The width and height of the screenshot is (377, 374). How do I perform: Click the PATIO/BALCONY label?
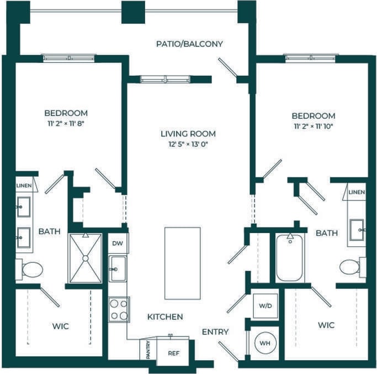click(189, 44)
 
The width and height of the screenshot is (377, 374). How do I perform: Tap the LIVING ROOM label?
click(188, 134)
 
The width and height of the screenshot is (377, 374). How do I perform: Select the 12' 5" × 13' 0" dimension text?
click(188, 144)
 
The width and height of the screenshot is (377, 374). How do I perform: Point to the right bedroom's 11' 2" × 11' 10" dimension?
click(313, 127)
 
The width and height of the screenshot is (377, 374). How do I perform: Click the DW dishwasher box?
click(117, 243)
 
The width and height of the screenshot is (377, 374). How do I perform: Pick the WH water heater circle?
click(266, 343)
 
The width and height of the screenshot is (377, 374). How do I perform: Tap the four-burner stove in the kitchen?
click(119, 309)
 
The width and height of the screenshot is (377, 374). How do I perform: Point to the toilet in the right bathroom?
click(351, 267)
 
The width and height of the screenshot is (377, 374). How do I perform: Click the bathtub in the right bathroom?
click(289, 257)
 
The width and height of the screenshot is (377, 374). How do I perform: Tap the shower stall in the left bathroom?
click(85, 258)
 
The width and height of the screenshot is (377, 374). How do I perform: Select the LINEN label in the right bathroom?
click(357, 192)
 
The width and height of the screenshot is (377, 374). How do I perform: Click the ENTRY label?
click(215, 332)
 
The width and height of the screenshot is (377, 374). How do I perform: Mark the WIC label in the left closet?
click(61, 326)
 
